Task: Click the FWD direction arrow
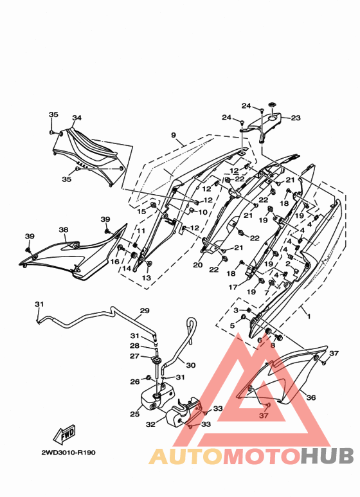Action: click(65, 434)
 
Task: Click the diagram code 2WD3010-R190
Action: click(68, 453)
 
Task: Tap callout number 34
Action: click(76, 118)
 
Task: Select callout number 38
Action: click(64, 230)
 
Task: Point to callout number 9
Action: click(174, 136)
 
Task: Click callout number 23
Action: click(296, 118)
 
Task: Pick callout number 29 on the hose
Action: click(145, 311)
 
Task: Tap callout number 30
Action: click(190, 365)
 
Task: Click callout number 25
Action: click(135, 414)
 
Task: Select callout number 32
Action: click(150, 424)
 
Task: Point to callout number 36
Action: click(311, 397)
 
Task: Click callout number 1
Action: click(309, 316)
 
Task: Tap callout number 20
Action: click(198, 265)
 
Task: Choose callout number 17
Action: click(233, 287)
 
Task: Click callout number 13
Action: click(147, 278)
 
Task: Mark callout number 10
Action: click(203, 212)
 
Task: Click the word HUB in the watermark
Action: click(327, 456)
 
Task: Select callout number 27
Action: click(135, 356)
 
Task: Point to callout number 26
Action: click(135, 382)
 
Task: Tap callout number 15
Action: click(141, 212)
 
